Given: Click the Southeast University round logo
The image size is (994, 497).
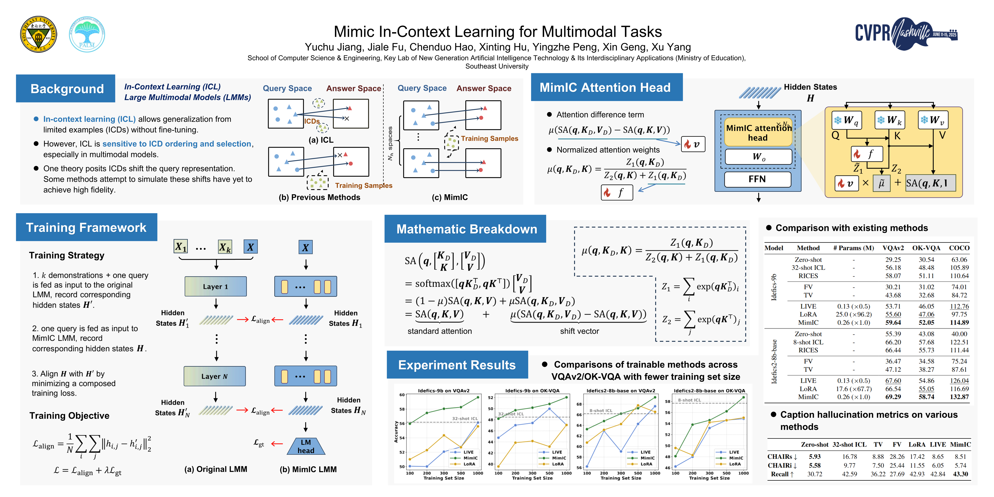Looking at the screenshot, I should [x=39, y=34].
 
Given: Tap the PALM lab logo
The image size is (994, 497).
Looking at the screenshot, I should [x=87, y=34].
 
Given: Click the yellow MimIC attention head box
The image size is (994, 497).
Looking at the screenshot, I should [x=758, y=133].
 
